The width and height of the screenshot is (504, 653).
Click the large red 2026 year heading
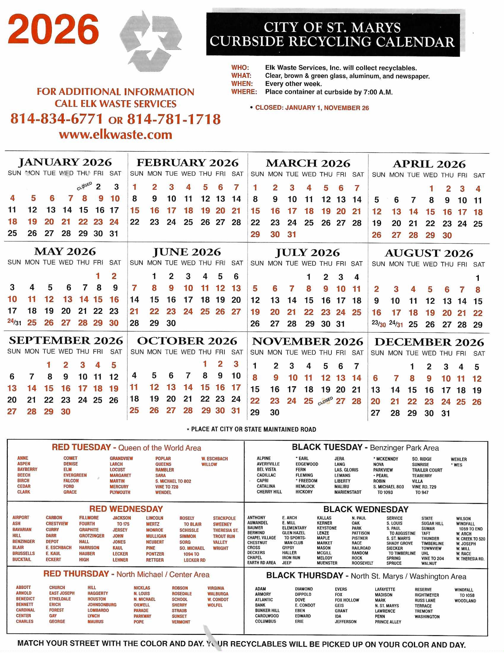[53, 30]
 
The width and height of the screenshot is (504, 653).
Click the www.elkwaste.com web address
[116, 135]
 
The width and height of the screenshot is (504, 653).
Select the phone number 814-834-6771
[57, 119]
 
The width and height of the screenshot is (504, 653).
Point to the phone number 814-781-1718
[174, 119]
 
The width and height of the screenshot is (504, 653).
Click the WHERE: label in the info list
[244, 92]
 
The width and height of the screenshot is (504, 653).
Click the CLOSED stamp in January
[84, 186]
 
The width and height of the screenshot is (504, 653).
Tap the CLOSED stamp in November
[325, 401]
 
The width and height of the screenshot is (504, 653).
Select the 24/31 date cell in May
[14, 322]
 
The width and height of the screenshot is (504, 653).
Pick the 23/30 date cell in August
[378, 324]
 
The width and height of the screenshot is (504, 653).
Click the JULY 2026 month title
[307, 253]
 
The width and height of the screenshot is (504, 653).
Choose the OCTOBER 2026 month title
[187, 341]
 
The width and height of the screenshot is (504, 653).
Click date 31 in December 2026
[446, 413]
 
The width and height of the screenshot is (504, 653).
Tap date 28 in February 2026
[236, 222]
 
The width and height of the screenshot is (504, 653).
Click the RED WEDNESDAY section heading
[126, 509]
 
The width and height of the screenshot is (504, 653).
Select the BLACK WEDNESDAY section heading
[366, 509]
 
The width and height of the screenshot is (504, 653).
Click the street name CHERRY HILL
[269, 492]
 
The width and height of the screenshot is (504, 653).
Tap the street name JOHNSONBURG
[102, 605]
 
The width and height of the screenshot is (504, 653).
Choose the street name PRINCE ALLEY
[388, 622]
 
